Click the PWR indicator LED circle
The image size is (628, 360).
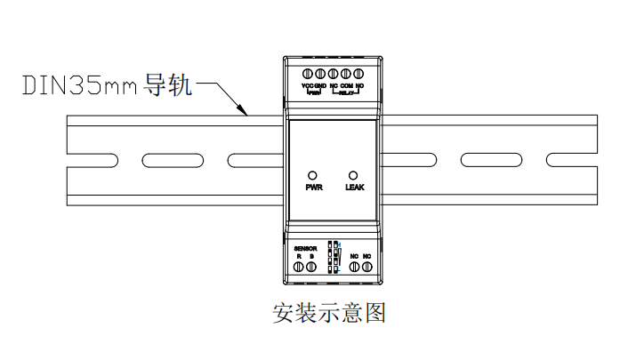311,175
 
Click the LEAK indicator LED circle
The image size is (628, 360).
354,175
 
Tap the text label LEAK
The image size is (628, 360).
354,188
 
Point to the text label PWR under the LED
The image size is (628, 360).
312,188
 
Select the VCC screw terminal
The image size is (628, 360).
308,74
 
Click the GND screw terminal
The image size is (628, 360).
320,74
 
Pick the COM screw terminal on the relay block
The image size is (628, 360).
346,74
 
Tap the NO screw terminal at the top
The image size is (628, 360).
358,74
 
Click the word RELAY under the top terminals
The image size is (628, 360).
347,92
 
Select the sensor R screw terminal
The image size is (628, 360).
300,266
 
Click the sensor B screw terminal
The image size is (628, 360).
312,266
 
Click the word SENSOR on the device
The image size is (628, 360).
305,248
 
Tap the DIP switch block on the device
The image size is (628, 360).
333,256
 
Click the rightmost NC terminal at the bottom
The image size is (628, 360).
366,266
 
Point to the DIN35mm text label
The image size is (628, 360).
80,87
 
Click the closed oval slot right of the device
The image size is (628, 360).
485,159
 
